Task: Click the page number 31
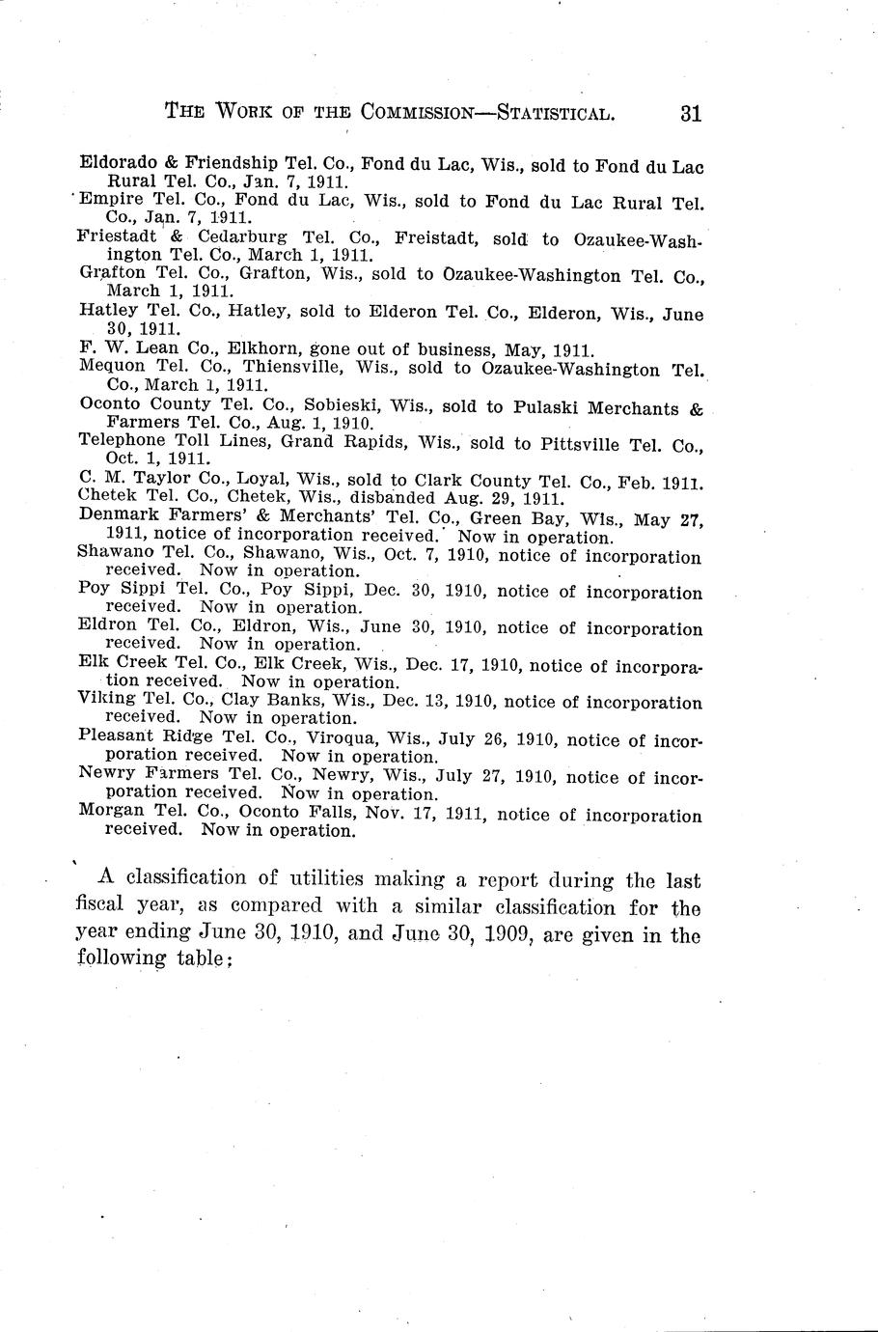(690, 113)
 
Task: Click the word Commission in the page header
(417, 113)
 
